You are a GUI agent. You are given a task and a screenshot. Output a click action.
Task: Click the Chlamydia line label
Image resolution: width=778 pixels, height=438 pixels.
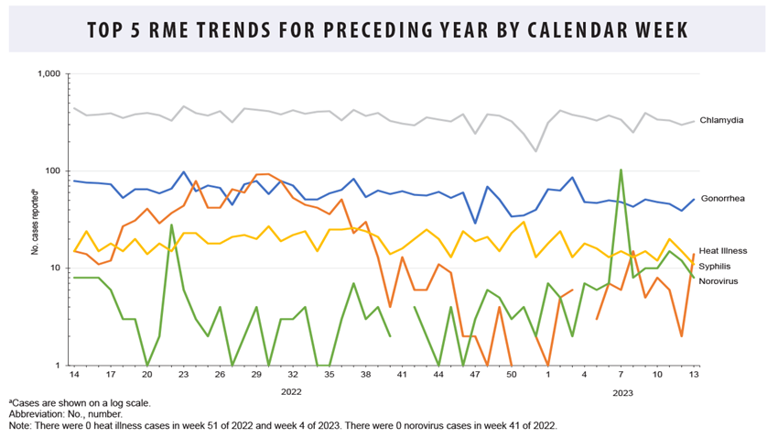pyautogui.click(x=721, y=120)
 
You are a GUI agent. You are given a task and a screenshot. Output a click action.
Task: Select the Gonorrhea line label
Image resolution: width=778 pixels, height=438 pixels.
pyautogui.click(x=722, y=198)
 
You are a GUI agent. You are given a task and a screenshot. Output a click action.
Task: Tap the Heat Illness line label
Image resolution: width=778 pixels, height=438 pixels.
pyautogui.click(x=723, y=250)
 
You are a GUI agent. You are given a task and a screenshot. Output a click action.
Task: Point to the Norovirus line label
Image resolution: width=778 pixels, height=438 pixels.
pyautogui.click(x=719, y=280)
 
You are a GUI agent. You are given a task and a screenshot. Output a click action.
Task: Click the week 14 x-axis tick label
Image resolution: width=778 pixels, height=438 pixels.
pyautogui.click(x=74, y=376)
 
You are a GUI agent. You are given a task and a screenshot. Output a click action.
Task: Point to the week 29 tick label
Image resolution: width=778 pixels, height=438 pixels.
pyautogui.click(x=255, y=376)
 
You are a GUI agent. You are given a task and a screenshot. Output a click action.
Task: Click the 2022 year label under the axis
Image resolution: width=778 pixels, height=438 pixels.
pyautogui.click(x=291, y=391)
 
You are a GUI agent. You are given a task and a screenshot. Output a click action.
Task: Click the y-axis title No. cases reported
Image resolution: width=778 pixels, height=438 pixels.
pyautogui.click(x=35, y=219)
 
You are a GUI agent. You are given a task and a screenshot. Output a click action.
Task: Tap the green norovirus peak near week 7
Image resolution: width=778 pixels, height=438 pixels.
pyautogui.click(x=621, y=170)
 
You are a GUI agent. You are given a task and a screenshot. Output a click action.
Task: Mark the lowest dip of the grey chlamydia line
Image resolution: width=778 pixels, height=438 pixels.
pyautogui.click(x=536, y=151)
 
